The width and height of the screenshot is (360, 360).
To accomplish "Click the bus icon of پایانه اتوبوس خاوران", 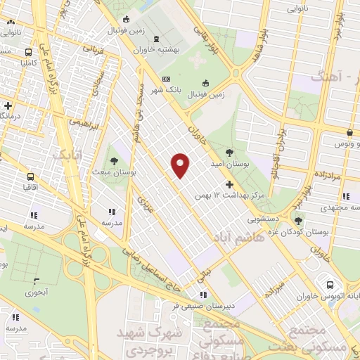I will click(330, 285).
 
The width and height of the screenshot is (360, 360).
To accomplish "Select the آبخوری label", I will click(36, 292).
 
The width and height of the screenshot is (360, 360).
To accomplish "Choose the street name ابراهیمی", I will click(83, 126).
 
